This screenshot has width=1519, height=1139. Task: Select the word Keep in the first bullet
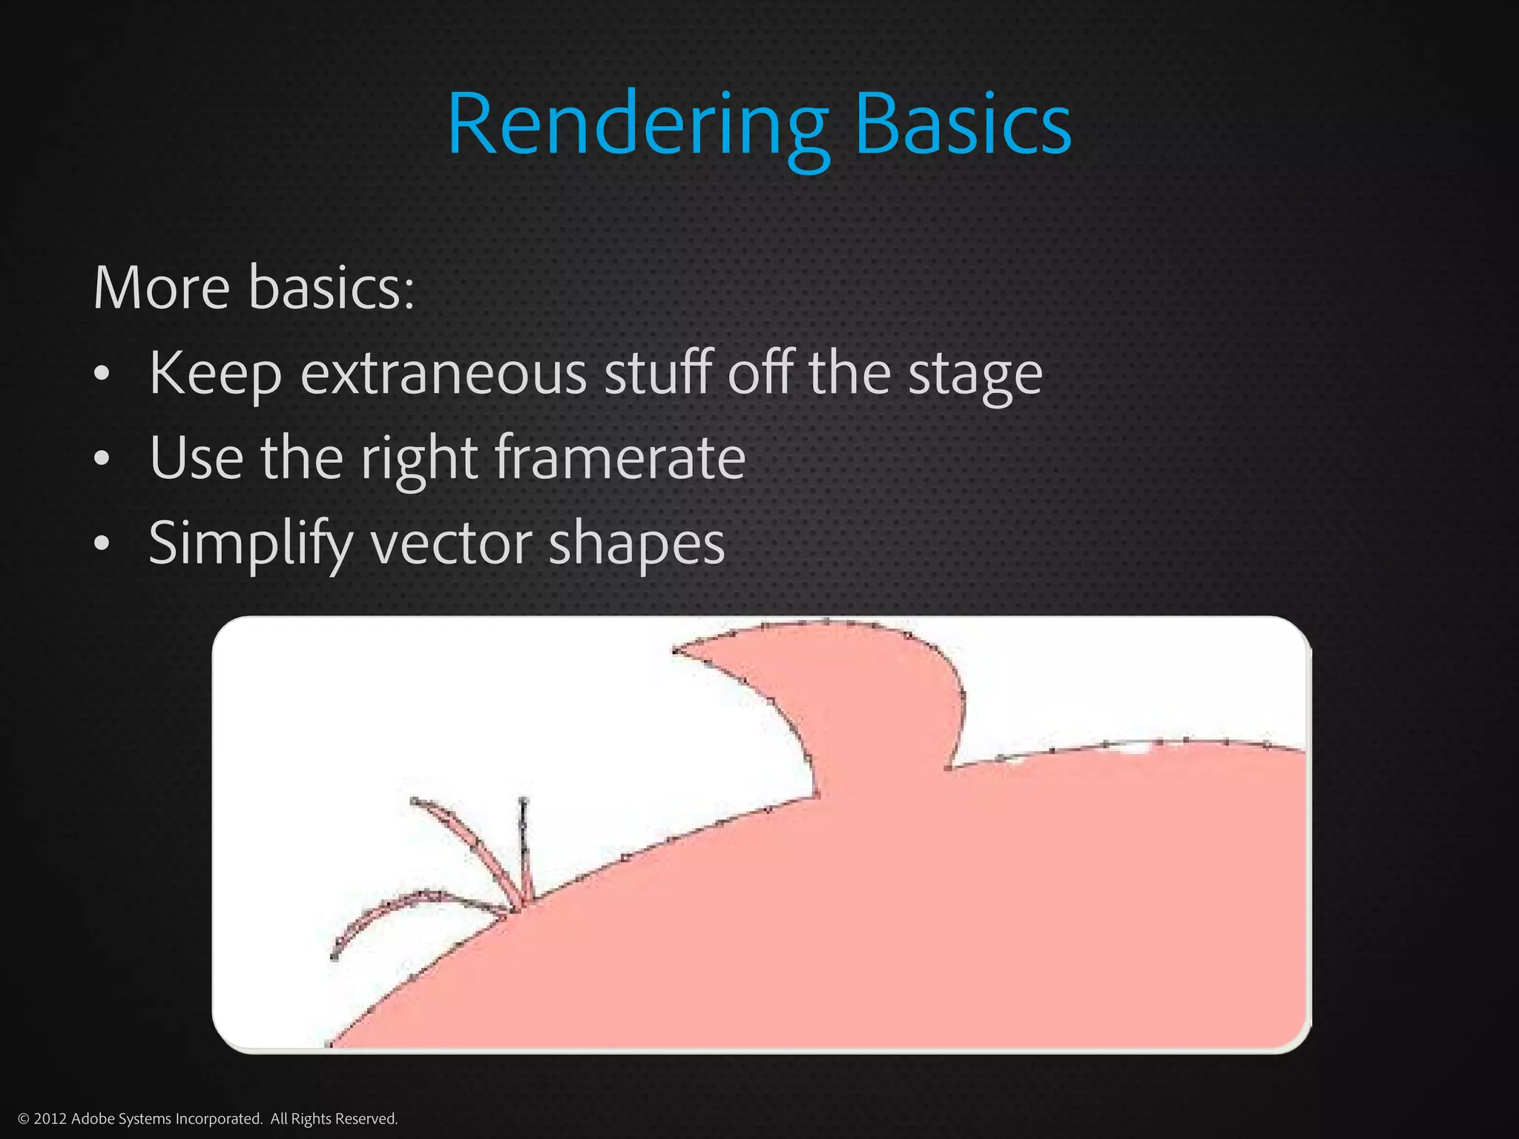(x=215, y=373)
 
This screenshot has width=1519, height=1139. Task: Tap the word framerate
(x=619, y=458)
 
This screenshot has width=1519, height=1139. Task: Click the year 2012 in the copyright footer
(x=50, y=1118)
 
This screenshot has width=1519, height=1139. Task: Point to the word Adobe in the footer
(x=89, y=1118)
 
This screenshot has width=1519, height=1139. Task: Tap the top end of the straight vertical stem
(x=524, y=801)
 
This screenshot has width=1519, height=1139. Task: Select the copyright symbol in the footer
(x=23, y=1118)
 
